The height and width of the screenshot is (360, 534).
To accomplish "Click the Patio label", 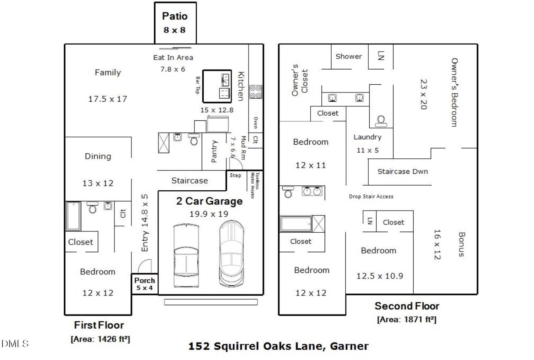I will tap(174, 16).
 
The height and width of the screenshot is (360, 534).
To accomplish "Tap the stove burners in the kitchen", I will tap(255, 92).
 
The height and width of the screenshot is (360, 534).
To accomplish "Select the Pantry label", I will tap(214, 151).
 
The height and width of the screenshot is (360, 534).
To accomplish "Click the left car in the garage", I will tap(186, 255).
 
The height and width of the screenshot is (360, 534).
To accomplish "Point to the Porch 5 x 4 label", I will tap(145, 283).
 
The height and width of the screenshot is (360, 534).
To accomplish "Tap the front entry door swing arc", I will tap(145, 266).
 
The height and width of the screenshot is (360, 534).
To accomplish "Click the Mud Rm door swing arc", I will tap(236, 163).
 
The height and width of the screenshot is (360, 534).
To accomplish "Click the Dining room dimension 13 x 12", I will tap(98, 183).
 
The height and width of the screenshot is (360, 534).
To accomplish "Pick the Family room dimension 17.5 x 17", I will tap(108, 99).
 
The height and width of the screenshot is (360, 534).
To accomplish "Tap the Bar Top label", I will tap(198, 85).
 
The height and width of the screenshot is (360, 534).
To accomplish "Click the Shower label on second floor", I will tap(349, 56).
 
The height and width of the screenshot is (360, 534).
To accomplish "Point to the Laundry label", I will tap(367, 137).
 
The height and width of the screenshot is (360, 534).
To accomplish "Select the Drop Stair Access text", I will tap(371, 197).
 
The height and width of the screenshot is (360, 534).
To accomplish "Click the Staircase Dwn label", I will tap(403, 172).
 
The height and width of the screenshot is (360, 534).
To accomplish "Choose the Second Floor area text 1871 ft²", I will tap(407, 320).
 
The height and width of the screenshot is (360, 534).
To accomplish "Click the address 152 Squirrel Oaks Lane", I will tap(278, 346).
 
